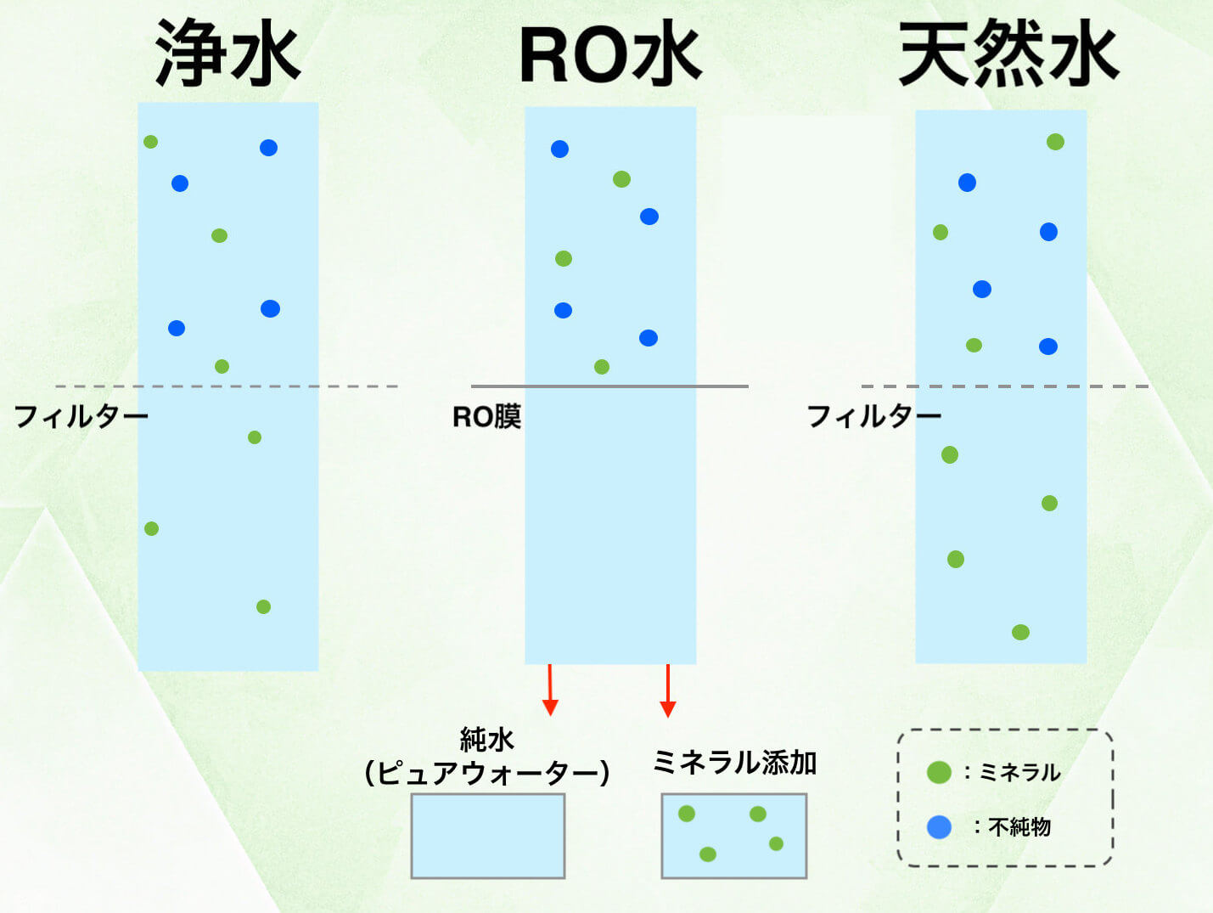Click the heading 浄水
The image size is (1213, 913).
coord(227,54)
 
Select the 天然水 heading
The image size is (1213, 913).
coord(1008,54)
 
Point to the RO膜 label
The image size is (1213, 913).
coord(486,417)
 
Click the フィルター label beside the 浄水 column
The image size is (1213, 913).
coord(81,416)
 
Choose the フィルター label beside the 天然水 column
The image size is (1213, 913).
coord(873,416)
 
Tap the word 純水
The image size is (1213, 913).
coord(486,740)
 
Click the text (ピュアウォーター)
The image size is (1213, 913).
coord(486,773)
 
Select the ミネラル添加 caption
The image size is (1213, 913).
coord(734,762)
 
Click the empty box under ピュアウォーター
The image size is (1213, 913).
coord(488,836)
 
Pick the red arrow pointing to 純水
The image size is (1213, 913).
coord(550,690)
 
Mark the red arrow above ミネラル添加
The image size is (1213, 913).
coord(668,690)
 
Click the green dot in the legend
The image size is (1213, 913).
coord(939,772)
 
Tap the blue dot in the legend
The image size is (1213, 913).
coord(939,826)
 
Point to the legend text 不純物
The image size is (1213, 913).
coord(1019,826)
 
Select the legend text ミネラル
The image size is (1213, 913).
coord(1019,772)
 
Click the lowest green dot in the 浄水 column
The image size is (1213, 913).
coord(263,606)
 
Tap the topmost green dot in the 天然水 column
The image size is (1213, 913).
coord(1055,142)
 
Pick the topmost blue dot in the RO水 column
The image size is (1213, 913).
coord(559,149)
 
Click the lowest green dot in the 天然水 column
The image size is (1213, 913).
coord(1020,632)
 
